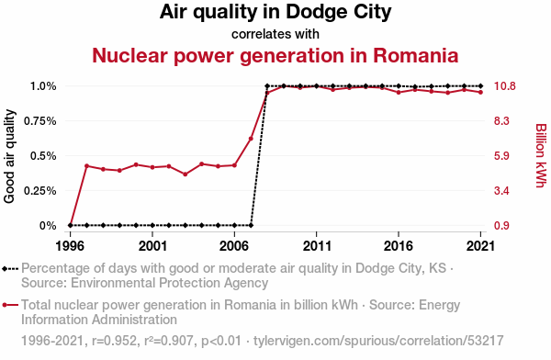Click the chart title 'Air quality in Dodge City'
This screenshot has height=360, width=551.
point(275,13)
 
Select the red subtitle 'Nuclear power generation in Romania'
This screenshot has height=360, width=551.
point(275,56)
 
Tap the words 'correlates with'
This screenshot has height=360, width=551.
point(275,34)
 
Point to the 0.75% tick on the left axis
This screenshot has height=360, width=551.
point(40,121)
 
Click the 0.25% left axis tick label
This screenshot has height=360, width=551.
point(40,190)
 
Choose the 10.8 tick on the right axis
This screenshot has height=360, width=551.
point(504,86)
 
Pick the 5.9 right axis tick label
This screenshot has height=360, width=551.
point(501,156)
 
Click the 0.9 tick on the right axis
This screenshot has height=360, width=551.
point(501,225)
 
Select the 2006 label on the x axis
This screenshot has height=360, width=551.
point(234,246)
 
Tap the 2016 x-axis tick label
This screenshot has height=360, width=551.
point(399,246)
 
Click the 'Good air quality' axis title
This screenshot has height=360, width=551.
point(9,156)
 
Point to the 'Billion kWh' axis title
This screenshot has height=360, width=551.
point(541,155)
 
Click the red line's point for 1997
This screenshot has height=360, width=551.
point(87,165)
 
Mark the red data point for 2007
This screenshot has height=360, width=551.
point(251,139)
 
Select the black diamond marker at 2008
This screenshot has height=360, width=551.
point(267,86)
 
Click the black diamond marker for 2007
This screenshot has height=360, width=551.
point(251,225)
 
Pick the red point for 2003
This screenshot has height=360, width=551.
point(186,174)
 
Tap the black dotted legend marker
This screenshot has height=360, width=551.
point(10,269)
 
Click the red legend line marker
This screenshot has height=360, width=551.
point(10,305)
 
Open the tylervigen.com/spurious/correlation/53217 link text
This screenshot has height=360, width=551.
point(378,341)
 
